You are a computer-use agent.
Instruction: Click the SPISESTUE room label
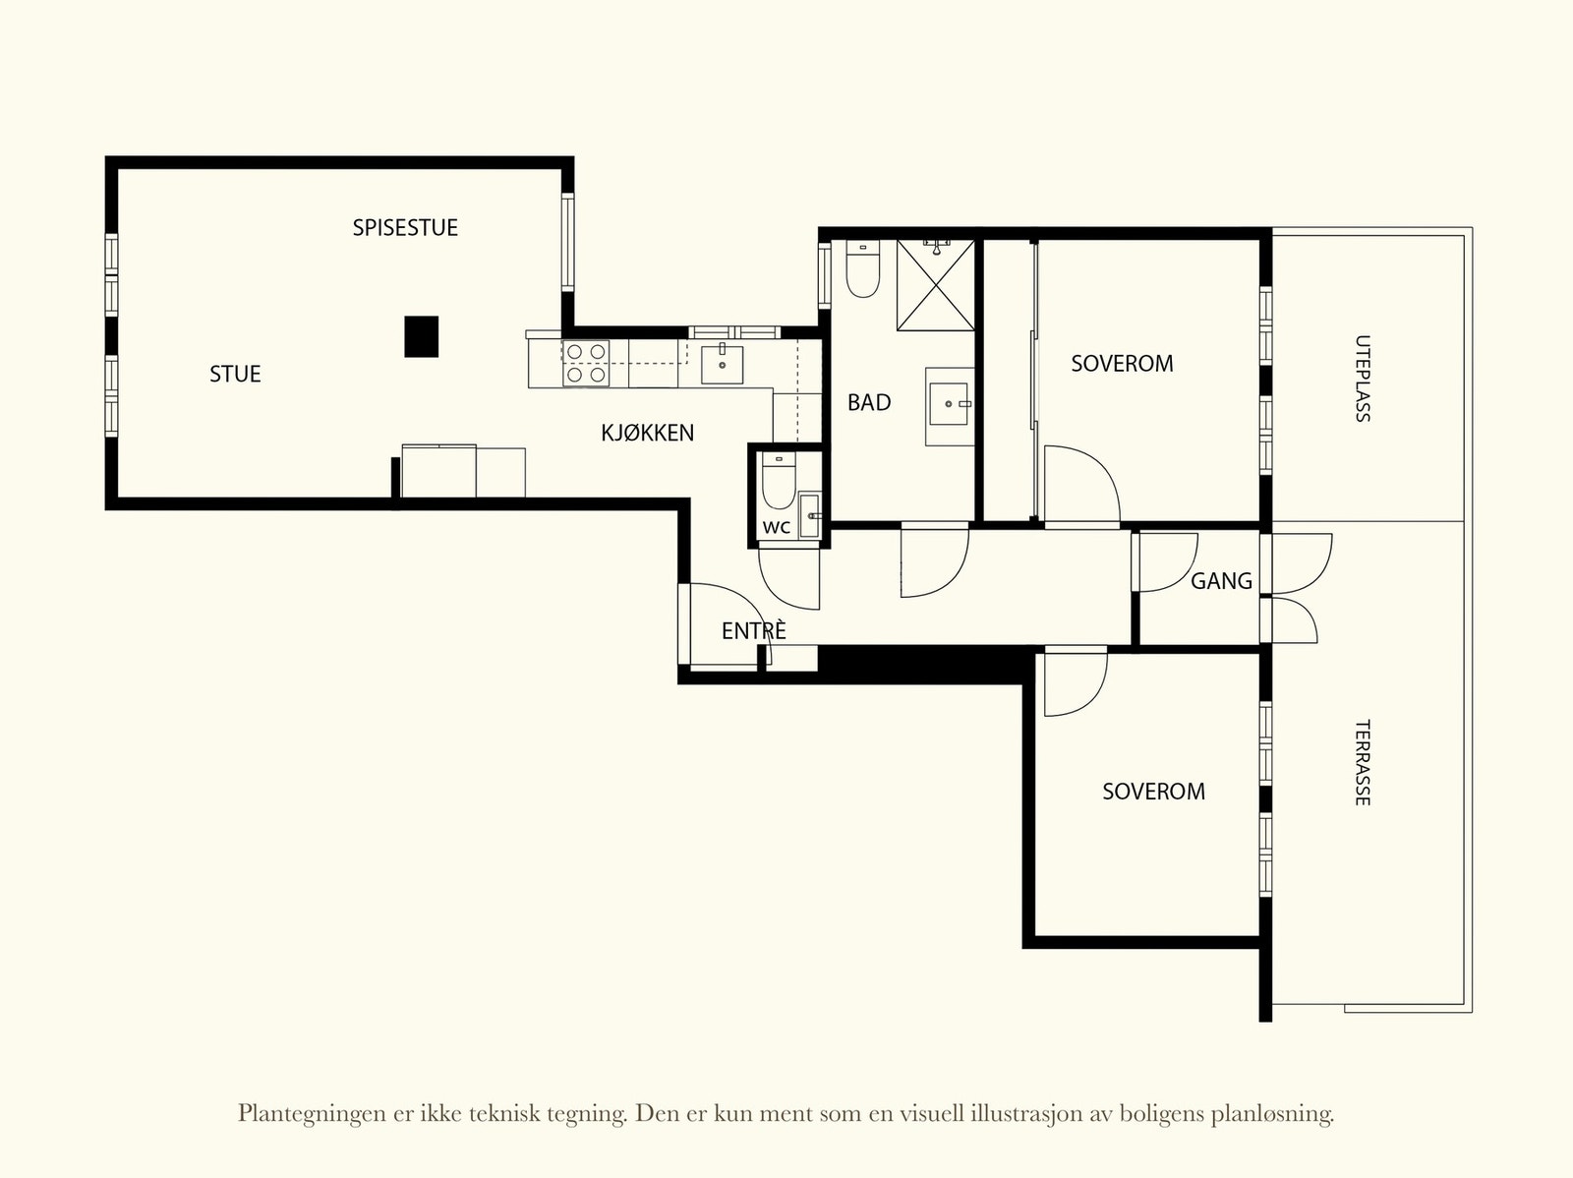click(x=405, y=228)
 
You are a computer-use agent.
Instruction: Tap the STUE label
click(x=235, y=374)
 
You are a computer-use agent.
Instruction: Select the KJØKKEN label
click(x=647, y=433)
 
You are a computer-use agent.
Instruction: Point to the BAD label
click(x=869, y=403)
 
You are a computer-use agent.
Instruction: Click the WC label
click(x=776, y=528)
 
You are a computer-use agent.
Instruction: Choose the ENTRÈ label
click(x=754, y=630)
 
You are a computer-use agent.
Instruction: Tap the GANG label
click(x=1221, y=581)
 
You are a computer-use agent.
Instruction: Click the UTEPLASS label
click(x=1363, y=379)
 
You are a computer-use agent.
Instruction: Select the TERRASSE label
click(x=1363, y=762)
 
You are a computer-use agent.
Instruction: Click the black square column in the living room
click(x=422, y=336)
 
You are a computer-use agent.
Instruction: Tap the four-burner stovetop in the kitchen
click(x=586, y=363)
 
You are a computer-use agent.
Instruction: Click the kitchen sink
click(x=722, y=365)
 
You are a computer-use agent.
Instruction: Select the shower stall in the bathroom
click(x=936, y=285)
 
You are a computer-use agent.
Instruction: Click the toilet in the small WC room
click(x=779, y=481)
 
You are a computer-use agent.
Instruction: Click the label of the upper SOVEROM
click(x=1123, y=364)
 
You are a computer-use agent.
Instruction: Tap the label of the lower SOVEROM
click(x=1154, y=792)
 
